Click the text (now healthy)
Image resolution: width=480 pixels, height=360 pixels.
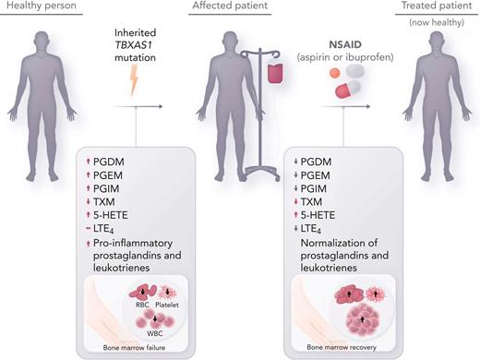(x=442, y=21)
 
